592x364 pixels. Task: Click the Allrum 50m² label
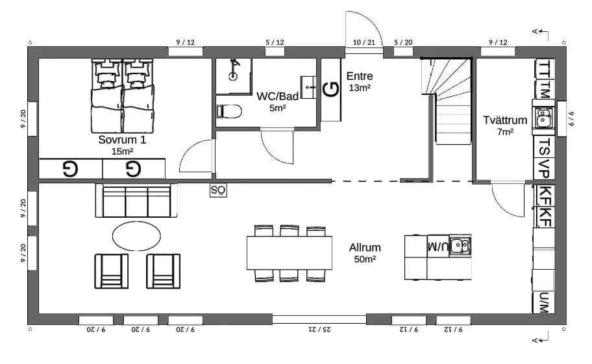[365, 253]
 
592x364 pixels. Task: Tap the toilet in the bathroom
[229, 112]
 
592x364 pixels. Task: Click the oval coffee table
[136, 236]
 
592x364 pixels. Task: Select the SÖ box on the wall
[218, 190]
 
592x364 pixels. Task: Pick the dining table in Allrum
[290, 253]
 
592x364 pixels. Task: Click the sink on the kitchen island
[460, 246]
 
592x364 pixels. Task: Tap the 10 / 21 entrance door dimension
[364, 42]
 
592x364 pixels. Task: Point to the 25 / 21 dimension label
[319, 330]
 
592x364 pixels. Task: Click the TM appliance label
[545, 89]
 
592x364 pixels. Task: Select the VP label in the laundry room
[544, 168]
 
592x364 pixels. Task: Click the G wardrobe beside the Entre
[331, 90]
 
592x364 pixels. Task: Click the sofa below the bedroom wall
[136, 201]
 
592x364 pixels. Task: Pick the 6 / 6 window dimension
[571, 118]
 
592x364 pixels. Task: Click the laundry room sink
[543, 117]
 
